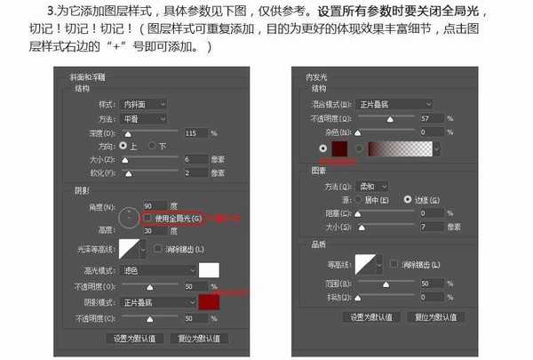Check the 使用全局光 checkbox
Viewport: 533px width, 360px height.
(147, 218)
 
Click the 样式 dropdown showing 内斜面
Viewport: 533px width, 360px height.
(144, 104)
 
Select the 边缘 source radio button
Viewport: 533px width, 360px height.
(408, 199)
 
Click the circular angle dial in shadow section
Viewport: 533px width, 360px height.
(130, 216)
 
